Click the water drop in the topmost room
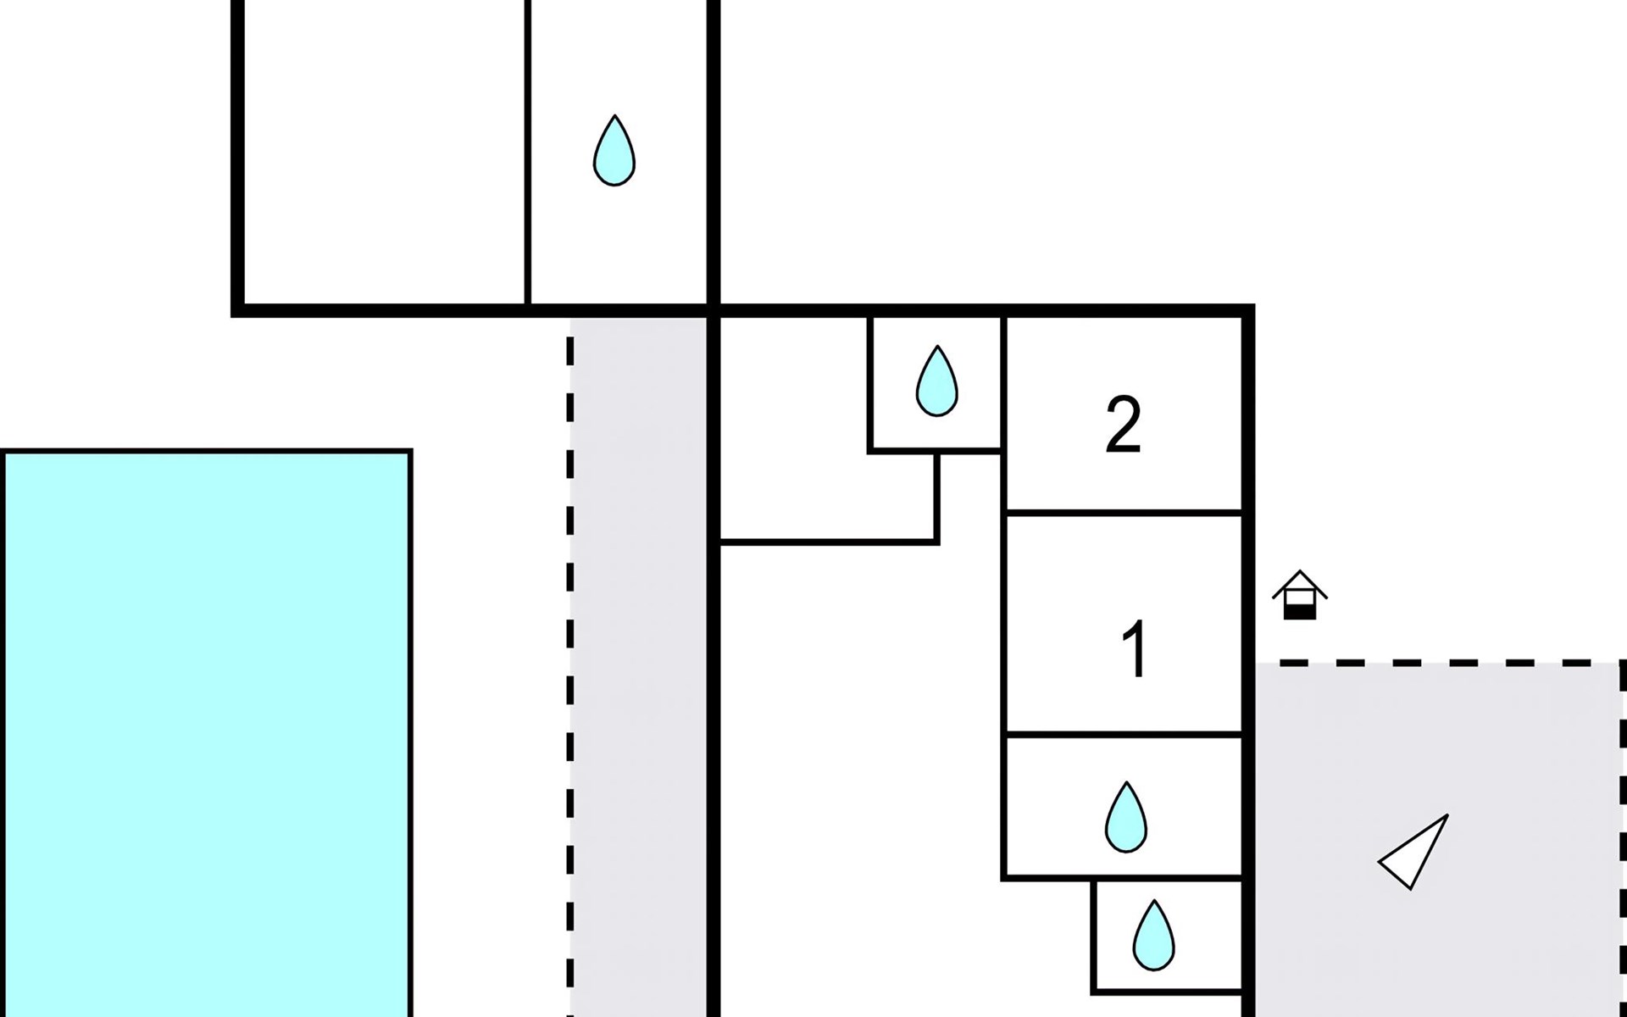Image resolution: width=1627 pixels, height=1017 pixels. point(614,152)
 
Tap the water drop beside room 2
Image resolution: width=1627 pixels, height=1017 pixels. point(936,382)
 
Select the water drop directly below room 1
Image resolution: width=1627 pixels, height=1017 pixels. point(1125,818)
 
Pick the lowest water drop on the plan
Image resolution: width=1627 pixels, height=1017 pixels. point(1153,936)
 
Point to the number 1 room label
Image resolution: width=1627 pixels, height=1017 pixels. point(1134,649)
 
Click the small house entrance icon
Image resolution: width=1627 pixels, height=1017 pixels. point(1299,596)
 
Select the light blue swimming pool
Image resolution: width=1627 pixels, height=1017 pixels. point(207,729)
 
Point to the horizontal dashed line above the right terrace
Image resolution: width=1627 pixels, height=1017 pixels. point(1441,662)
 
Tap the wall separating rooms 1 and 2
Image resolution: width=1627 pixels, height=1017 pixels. point(1123,513)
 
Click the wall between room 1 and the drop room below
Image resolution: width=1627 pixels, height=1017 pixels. point(1123,734)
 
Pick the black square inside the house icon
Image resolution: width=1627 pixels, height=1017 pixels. point(1299,609)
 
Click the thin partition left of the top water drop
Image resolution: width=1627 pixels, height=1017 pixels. point(527,153)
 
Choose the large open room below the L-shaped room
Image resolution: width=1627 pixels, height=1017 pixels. point(856,763)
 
